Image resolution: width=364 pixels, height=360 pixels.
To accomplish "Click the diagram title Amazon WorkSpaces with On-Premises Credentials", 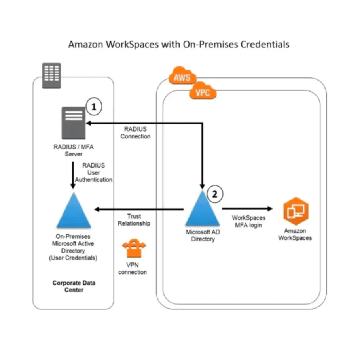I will [x=178, y=44].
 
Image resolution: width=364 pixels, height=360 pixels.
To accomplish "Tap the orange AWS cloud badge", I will [x=182, y=75].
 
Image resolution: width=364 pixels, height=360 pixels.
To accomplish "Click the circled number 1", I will [x=94, y=106].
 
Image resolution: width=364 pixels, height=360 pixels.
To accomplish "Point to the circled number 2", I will [x=215, y=194].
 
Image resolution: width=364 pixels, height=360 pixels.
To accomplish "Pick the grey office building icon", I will [x=52, y=74].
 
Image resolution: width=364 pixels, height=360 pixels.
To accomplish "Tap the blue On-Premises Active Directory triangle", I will [x=74, y=211].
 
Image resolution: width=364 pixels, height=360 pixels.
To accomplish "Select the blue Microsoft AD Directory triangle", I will [x=201, y=209].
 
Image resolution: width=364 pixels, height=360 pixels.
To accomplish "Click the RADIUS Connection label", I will [x=135, y=132].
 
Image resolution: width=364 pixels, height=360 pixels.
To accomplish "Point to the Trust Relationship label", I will [x=134, y=220].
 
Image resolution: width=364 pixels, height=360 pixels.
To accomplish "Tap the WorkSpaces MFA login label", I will [x=248, y=221].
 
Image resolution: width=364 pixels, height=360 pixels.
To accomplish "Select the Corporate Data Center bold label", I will [x=74, y=286].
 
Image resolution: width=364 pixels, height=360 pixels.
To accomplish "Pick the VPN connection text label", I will [x=133, y=269].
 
